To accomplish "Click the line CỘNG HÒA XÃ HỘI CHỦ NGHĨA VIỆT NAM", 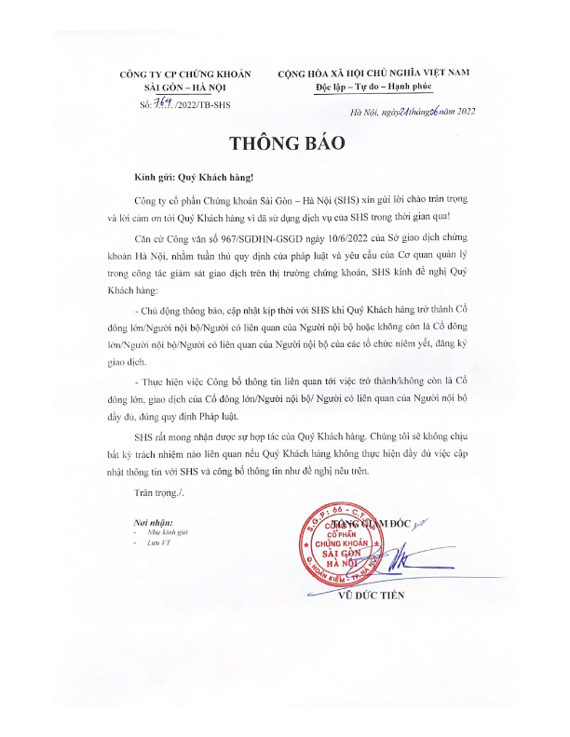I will (376, 73).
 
